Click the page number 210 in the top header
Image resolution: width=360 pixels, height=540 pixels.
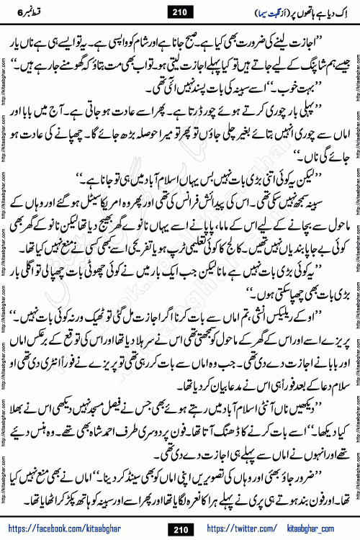(179, 13)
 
